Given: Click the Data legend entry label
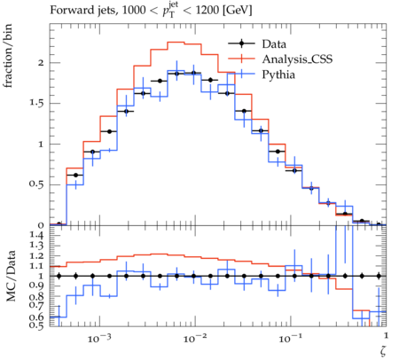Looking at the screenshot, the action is click(x=274, y=44).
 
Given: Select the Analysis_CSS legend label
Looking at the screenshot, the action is click(x=297, y=59).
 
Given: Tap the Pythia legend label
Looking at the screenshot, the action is click(x=278, y=74).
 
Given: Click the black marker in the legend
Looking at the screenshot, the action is click(x=241, y=43).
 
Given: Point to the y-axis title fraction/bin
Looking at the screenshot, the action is click(x=8, y=56).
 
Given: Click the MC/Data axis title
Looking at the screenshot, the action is click(x=11, y=276).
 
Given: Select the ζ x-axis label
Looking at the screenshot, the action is click(x=383, y=351).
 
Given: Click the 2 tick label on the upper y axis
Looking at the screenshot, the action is click(x=41, y=63).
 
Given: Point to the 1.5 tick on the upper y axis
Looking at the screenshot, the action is click(x=36, y=104).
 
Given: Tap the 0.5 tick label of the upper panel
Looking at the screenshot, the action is click(x=36, y=184).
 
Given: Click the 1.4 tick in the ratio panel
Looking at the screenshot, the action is click(x=36, y=235).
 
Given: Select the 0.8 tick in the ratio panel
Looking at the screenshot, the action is click(x=36, y=296).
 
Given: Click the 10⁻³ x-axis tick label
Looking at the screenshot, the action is click(x=95, y=338).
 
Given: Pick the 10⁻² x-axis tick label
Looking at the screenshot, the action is click(x=191, y=338).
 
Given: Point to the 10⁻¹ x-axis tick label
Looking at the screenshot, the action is click(x=286, y=338).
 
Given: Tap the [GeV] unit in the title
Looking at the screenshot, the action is click(x=238, y=11).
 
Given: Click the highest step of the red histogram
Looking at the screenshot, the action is click(x=176, y=42).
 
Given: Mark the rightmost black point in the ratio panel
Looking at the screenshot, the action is click(x=379, y=276).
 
